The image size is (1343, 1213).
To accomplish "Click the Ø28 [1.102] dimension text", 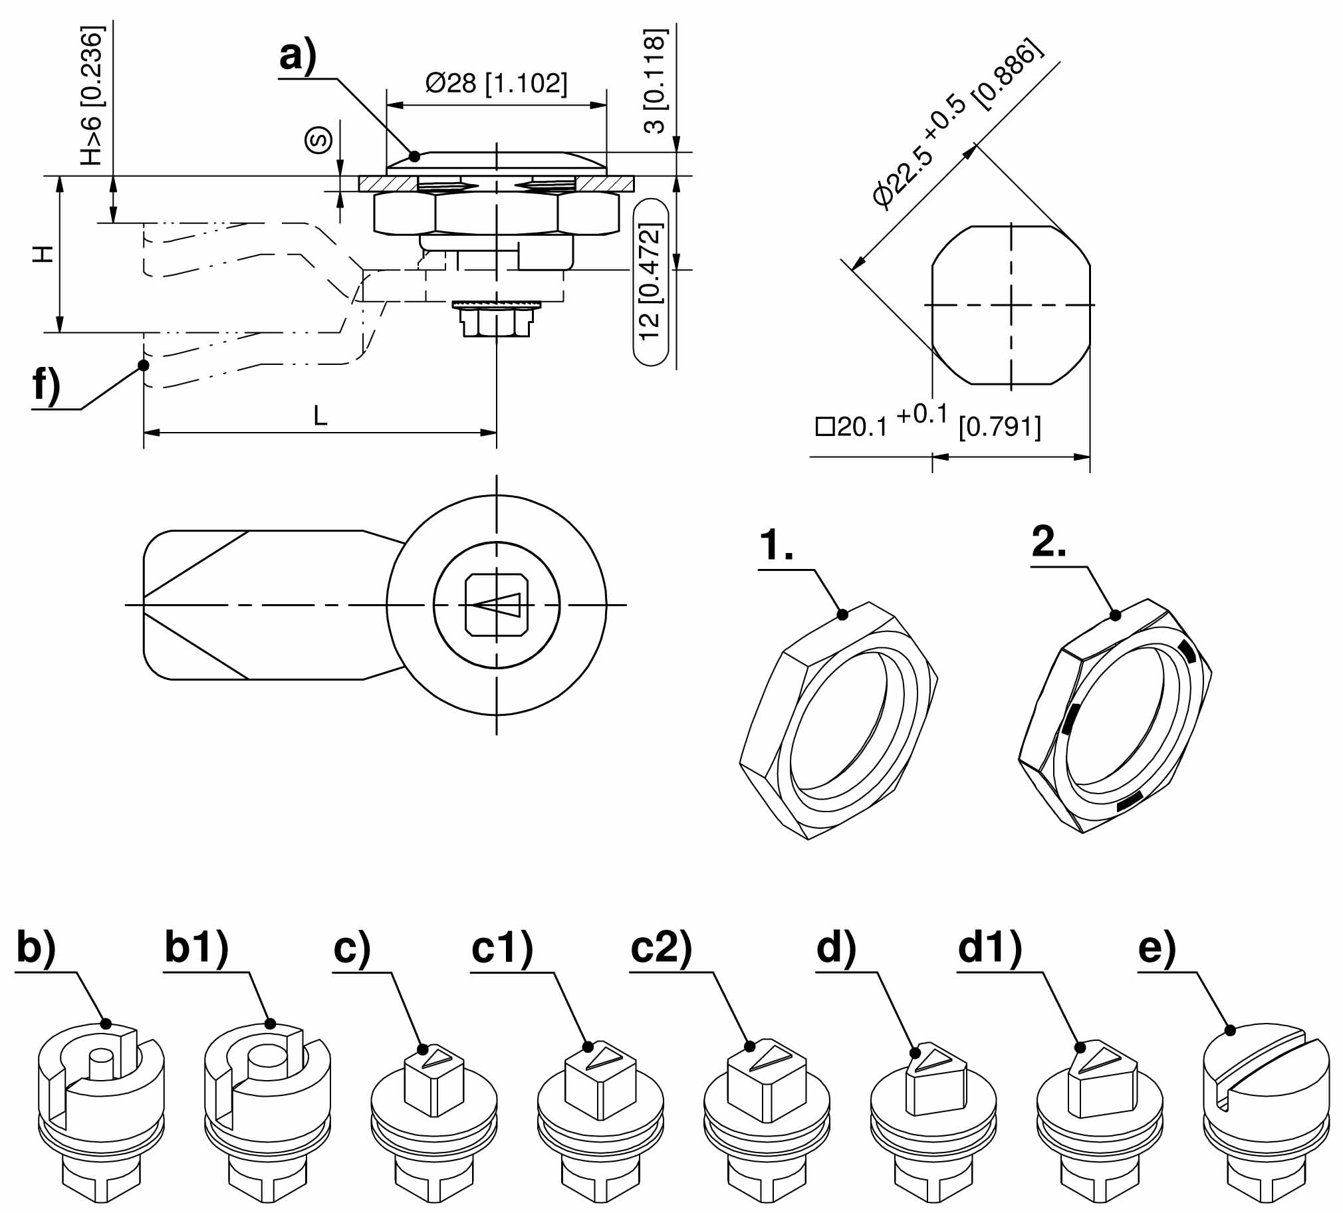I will tap(496, 84).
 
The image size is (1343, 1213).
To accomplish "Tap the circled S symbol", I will tap(319, 140).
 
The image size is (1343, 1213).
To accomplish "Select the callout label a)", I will tap(297, 56).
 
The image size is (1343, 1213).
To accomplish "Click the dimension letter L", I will tap(320, 416).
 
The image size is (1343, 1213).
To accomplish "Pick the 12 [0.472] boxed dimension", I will tap(650, 282).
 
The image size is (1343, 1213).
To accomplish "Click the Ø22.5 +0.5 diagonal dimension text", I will tap(957, 124).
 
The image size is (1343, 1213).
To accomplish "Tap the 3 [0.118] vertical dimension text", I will tap(655, 80).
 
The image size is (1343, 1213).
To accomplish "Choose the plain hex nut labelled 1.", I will tap(839, 719).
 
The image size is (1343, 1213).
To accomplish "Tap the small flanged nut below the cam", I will tap(496, 319).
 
